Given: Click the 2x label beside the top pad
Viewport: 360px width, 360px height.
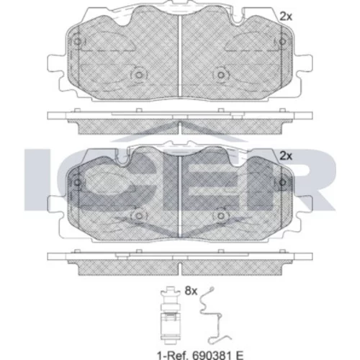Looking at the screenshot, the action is [x=286, y=17].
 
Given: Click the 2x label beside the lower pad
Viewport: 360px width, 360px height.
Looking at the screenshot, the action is [x=286, y=156].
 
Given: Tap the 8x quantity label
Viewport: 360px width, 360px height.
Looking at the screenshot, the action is [x=191, y=291].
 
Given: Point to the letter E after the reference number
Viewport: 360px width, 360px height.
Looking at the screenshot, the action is [x=240, y=354].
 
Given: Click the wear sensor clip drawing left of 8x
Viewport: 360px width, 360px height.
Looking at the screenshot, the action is [x=170, y=315].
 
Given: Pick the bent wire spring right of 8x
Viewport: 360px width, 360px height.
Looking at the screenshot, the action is [x=215, y=315].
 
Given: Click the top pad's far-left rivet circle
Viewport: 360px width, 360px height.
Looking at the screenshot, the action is [x=77, y=42].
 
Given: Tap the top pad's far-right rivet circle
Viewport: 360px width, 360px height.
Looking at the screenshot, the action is [x=283, y=42].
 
